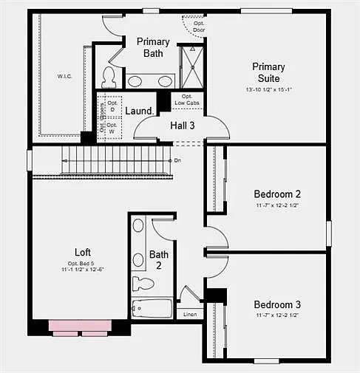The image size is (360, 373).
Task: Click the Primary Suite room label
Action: pyautogui.click(x=268, y=72)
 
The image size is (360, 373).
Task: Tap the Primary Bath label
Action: pyautogui.click(x=153, y=47)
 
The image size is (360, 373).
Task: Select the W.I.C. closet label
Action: pyautogui.click(x=64, y=77)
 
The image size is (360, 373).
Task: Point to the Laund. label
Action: pyautogui.click(x=140, y=111)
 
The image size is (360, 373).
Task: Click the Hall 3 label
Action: pyautogui.click(x=183, y=126)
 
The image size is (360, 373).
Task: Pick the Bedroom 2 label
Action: pyautogui.click(x=277, y=194)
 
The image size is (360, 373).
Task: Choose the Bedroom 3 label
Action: pyautogui.click(x=277, y=304)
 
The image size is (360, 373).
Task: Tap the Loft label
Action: pyautogui.click(x=84, y=251)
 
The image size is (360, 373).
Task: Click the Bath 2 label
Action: pyautogui.click(x=159, y=260)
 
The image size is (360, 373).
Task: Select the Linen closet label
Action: pyautogui.click(x=190, y=315)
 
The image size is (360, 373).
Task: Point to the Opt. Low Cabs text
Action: pyautogui.click(x=187, y=100)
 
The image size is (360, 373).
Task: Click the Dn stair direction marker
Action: pyautogui.click(x=177, y=160)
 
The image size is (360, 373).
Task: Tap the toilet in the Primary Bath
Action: pyautogui.click(x=109, y=77)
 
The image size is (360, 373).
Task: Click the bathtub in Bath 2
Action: pyautogui.click(x=152, y=308)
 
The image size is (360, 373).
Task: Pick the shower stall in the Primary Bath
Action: pyautogui.click(x=191, y=67)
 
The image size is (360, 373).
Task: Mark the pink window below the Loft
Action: pyautogui.click(x=80, y=326)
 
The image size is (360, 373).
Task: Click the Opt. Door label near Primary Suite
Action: pyautogui.click(x=199, y=27)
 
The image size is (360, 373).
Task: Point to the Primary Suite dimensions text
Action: pyautogui.click(x=268, y=89)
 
